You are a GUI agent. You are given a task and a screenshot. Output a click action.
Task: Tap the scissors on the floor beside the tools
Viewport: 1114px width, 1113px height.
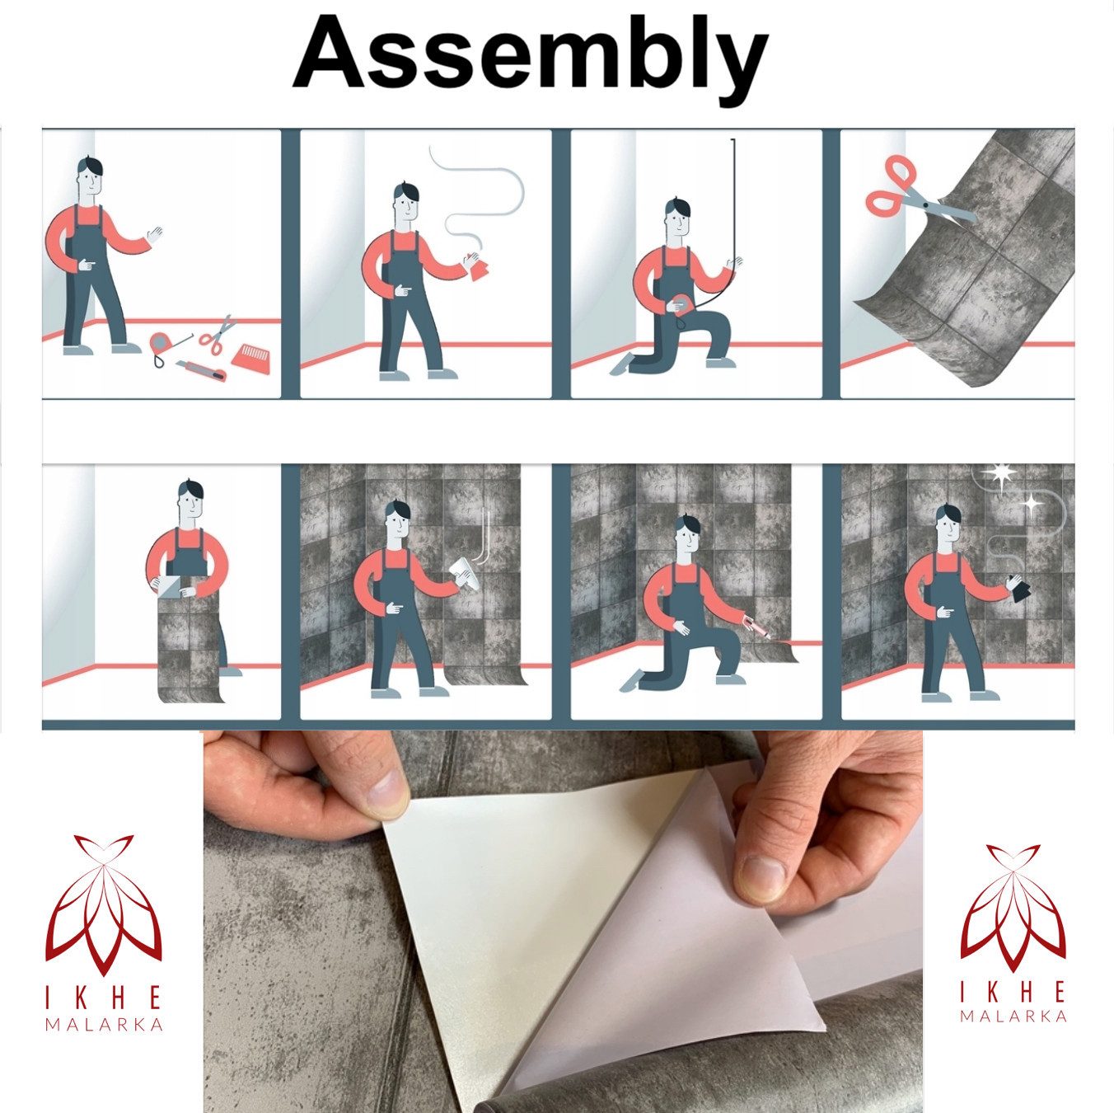[x=218, y=335]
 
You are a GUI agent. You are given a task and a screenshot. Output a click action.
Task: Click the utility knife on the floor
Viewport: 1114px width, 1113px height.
[x=200, y=369]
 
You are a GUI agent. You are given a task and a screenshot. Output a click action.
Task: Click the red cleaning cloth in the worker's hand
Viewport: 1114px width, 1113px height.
[x=478, y=266]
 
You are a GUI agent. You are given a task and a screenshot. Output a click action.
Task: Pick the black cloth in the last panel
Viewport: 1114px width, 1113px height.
[x=1022, y=589]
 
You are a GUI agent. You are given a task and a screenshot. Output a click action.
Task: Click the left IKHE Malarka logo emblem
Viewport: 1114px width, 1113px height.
[x=104, y=909]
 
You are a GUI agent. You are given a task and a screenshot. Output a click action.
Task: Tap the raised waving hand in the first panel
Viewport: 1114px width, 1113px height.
[x=154, y=235]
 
